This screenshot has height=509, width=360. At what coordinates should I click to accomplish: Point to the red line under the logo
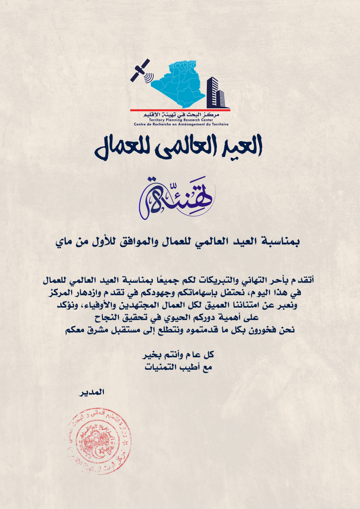(180, 109)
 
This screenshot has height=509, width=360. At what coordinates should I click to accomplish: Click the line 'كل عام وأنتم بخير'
(180, 355)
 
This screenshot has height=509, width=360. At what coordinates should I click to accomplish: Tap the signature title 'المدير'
(92, 392)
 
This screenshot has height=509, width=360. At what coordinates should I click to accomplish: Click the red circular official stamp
(98, 441)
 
